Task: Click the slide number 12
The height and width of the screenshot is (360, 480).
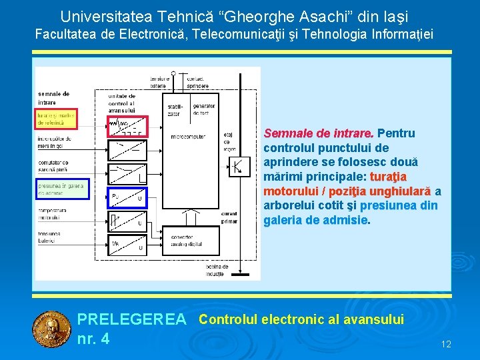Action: coord(446,344)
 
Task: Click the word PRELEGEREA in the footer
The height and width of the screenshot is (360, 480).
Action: coord(132,320)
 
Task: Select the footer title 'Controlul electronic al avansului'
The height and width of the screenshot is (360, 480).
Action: coord(301,319)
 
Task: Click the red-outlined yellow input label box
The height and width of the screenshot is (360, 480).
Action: coord(57,119)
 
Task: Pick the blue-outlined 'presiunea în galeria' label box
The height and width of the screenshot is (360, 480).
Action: coord(61,189)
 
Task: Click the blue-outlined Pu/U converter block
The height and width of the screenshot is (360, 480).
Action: coord(127,197)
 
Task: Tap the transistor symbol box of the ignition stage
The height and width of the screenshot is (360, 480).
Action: coord(241,164)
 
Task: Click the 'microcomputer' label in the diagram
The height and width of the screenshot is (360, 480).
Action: coord(188,137)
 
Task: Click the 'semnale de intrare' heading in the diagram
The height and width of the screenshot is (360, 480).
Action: coord(54,98)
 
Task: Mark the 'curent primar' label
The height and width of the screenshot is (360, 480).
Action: coord(229,217)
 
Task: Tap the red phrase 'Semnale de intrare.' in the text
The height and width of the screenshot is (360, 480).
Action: coord(319,134)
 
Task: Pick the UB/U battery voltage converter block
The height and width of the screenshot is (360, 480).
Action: coord(127,245)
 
